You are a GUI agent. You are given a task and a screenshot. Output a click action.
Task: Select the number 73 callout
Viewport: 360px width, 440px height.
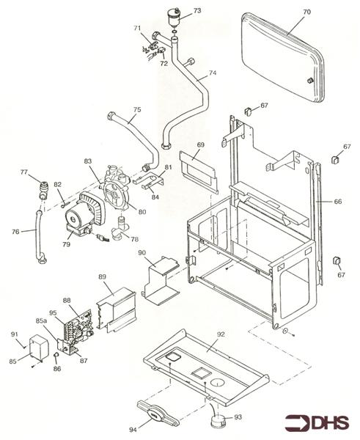pos(196,12)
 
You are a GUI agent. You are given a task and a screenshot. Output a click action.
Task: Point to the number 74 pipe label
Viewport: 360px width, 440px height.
pos(213,73)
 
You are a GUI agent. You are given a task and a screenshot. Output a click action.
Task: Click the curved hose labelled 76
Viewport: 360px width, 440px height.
pos(37,237)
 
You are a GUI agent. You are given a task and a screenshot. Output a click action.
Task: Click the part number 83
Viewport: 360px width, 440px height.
pos(87,161)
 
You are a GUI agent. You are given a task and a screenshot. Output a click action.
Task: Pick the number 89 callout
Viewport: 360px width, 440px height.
pos(103,277)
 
